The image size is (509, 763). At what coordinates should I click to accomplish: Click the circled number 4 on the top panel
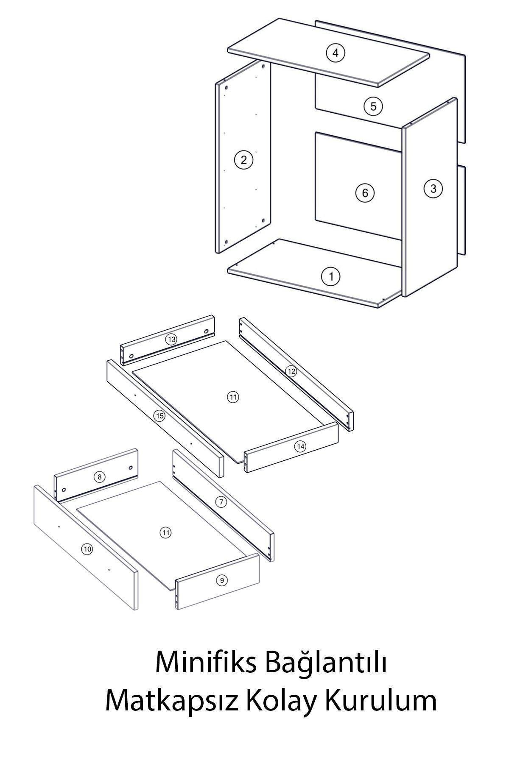[x=336, y=53]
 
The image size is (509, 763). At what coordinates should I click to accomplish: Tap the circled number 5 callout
[x=373, y=106]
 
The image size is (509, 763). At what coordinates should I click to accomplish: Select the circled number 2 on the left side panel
[x=243, y=160]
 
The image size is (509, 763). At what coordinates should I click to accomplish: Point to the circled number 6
[x=365, y=193]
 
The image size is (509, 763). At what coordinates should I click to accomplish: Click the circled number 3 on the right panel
[x=433, y=188]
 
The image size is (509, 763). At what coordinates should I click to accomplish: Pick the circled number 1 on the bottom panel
[x=331, y=277]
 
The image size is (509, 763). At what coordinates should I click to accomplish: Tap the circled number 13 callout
[x=171, y=340]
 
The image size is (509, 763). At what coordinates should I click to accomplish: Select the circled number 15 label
[x=159, y=416]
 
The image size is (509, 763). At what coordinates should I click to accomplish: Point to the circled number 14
[x=300, y=446]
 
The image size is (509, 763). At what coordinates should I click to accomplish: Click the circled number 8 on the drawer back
[x=99, y=477]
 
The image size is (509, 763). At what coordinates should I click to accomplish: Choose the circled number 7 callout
[x=221, y=502]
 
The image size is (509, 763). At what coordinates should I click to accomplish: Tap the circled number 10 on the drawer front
[x=87, y=549]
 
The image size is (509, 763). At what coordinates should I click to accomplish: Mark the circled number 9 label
[x=221, y=580]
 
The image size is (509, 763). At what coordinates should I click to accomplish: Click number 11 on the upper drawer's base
[x=233, y=397]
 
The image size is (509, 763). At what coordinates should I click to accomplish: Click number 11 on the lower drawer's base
[x=166, y=533]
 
